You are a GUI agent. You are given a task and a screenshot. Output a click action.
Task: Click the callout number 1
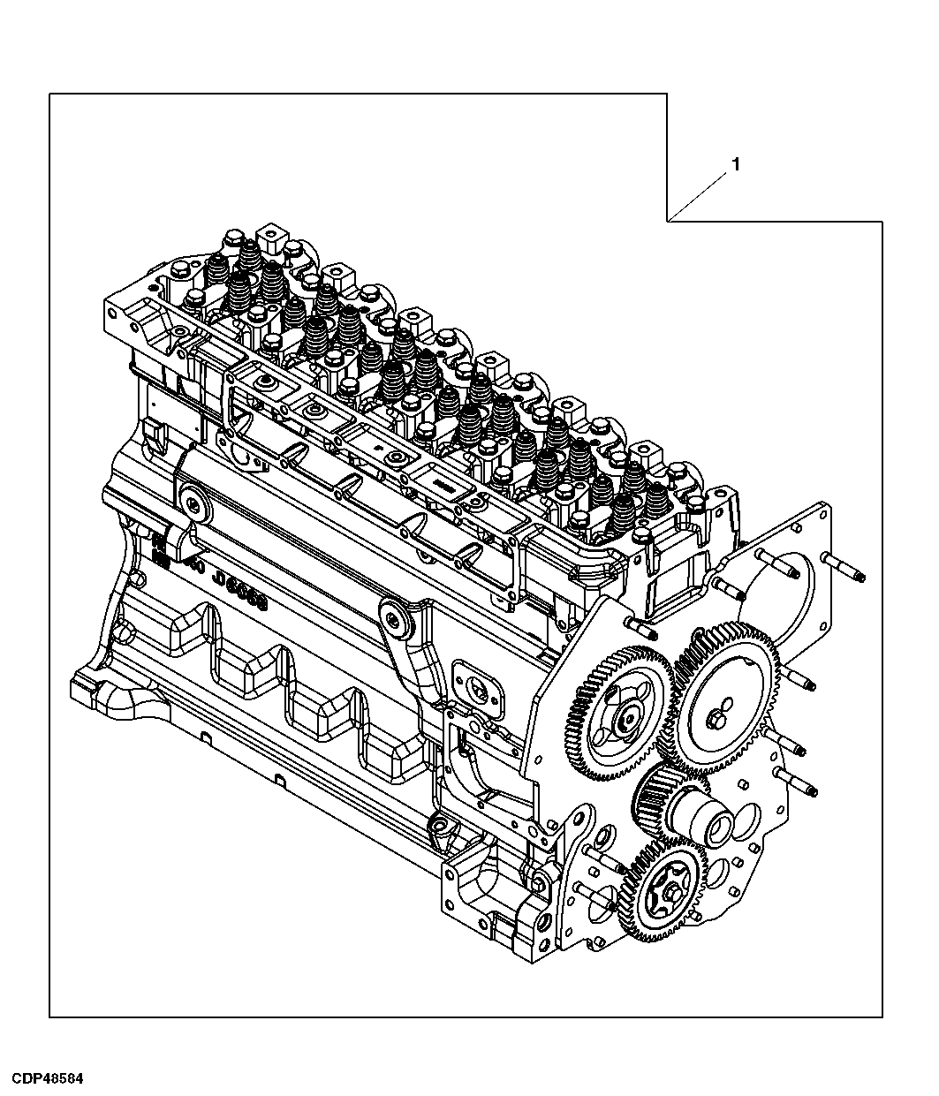coord(735,164)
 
